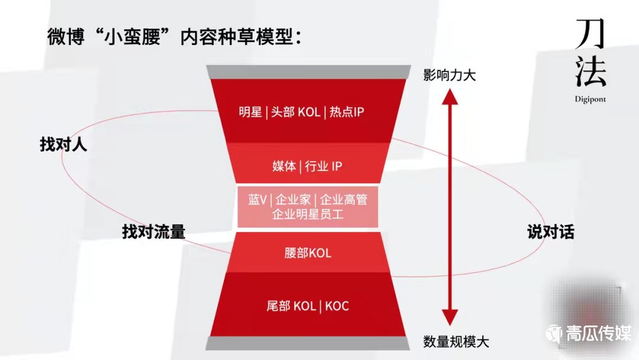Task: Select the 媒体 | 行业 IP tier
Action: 308,166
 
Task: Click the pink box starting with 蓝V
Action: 308,207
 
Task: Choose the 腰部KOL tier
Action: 308,253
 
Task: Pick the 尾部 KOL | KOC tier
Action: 308,306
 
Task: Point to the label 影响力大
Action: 450,76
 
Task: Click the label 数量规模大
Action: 456,342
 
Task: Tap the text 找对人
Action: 63,144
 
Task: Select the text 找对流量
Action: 154,232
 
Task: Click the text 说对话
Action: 550,232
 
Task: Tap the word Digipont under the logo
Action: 590,99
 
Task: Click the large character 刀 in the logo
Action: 590,35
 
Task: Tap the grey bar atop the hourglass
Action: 308,71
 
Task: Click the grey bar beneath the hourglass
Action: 308,344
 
